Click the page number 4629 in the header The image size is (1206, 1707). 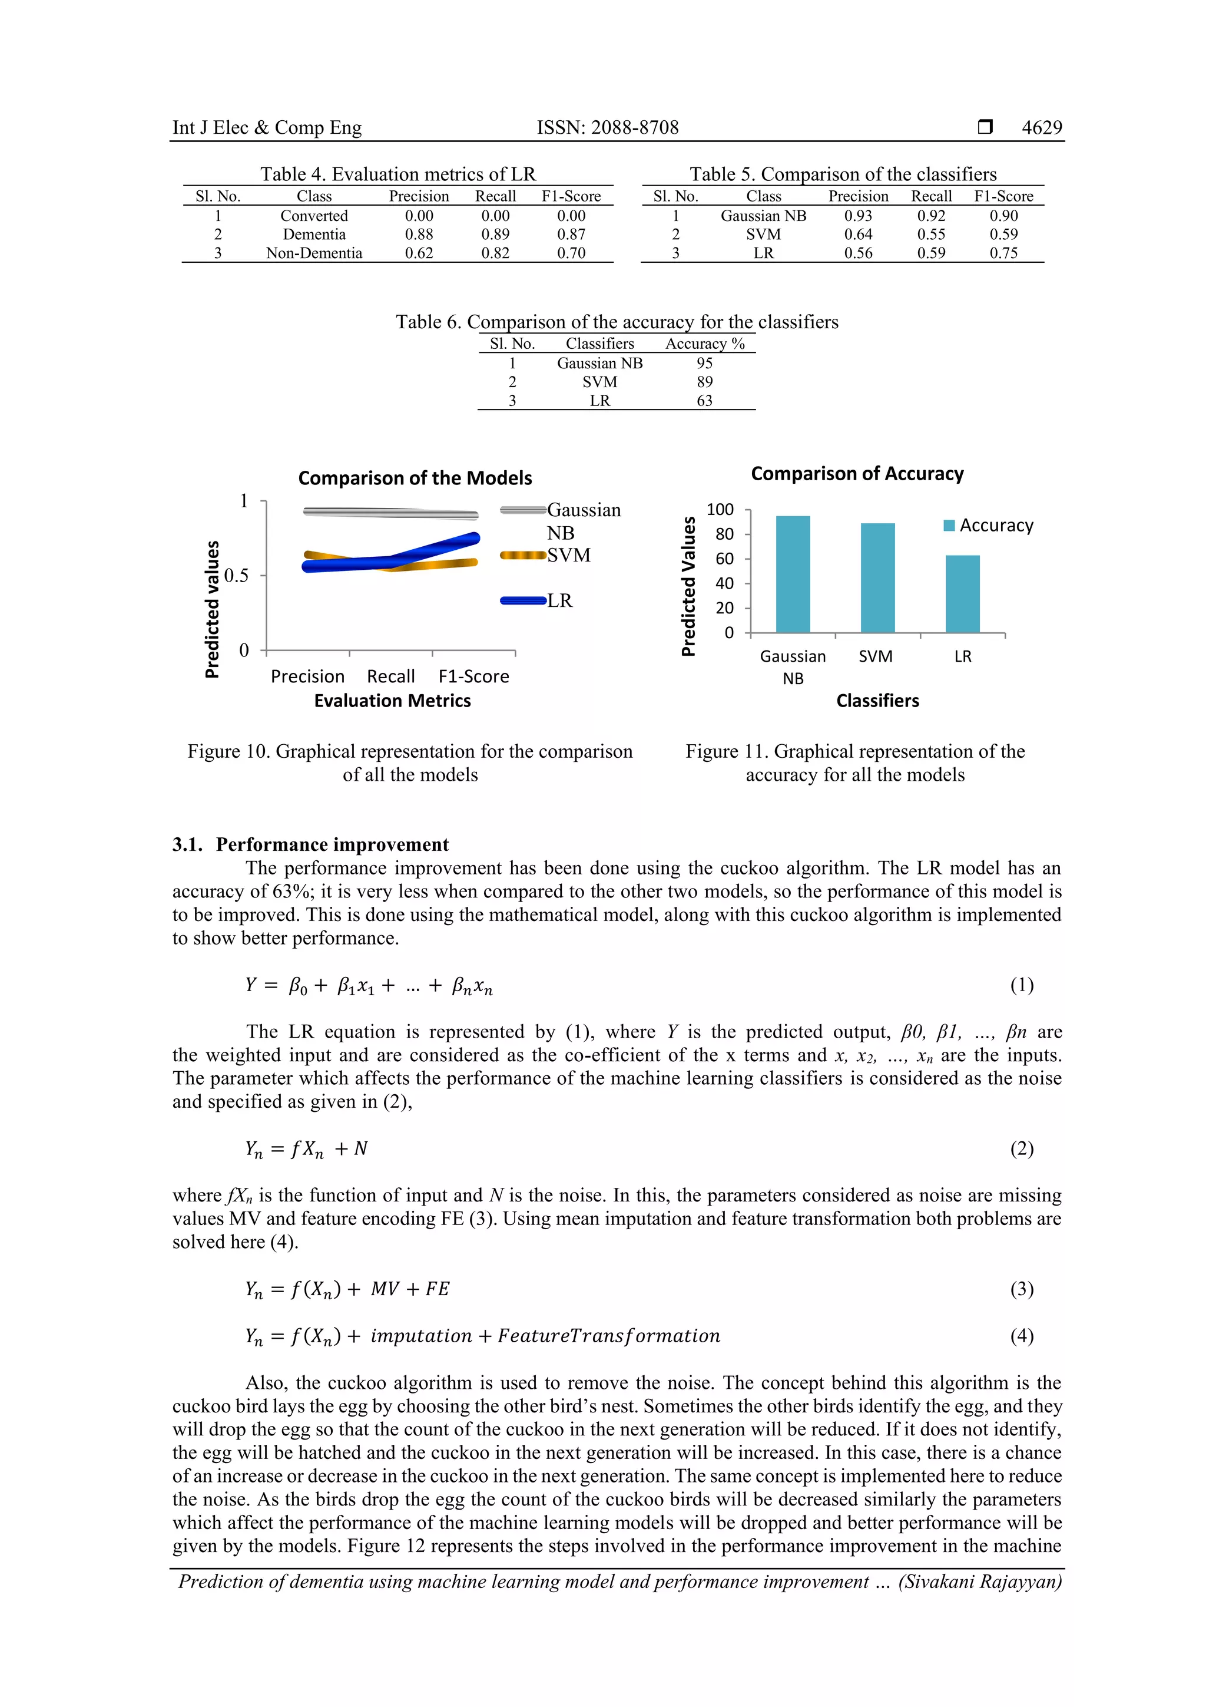point(1041,127)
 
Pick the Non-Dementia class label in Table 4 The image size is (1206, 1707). point(314,253)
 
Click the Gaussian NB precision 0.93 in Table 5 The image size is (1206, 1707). point(857,216)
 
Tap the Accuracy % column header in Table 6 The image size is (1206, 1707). point(704,344)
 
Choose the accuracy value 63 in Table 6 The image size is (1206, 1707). point(704,401)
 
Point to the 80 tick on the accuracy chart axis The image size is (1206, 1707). point(724,534)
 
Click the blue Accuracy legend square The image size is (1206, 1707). point(948,526)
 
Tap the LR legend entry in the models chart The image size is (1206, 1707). point(559,601)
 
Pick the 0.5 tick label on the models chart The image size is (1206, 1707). point(236,576)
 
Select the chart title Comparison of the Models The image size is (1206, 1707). point(415,478)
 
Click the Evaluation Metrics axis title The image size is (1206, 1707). point(392,701)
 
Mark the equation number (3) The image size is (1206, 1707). point(1021,1289)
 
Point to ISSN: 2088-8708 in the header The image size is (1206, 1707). point(607,127)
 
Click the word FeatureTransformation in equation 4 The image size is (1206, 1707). point(608,1335)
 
